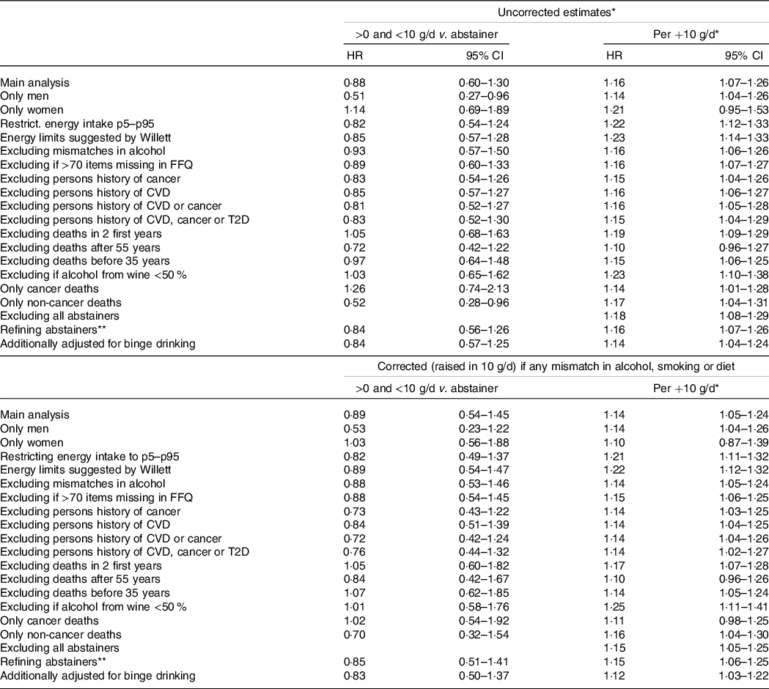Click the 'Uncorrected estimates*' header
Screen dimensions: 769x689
(556, 12)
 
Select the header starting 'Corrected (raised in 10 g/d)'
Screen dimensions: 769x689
(556, 366)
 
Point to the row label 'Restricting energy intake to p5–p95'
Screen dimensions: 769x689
(89, 456)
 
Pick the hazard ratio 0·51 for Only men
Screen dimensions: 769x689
(355, 96)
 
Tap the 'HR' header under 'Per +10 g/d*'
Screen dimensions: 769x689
(614, 56)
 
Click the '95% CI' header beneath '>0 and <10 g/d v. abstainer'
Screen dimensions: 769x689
(485, 56)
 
